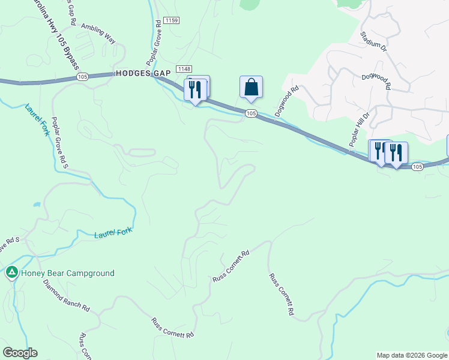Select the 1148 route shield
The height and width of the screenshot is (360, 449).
point(183,69)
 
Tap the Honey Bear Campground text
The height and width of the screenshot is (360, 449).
point(67,273)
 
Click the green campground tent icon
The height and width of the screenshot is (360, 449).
point(11,273)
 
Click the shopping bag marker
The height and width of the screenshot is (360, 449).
point(251,88)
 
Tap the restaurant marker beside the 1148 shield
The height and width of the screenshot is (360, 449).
point(195,91)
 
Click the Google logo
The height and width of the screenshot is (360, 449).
point(20,353)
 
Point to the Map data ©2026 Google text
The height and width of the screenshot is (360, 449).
point(412,355)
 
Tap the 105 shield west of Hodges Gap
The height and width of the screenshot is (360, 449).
point(83,77)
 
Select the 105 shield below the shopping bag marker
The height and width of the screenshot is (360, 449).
point(251,113)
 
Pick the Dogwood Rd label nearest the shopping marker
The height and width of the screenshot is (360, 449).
point(286,101)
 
